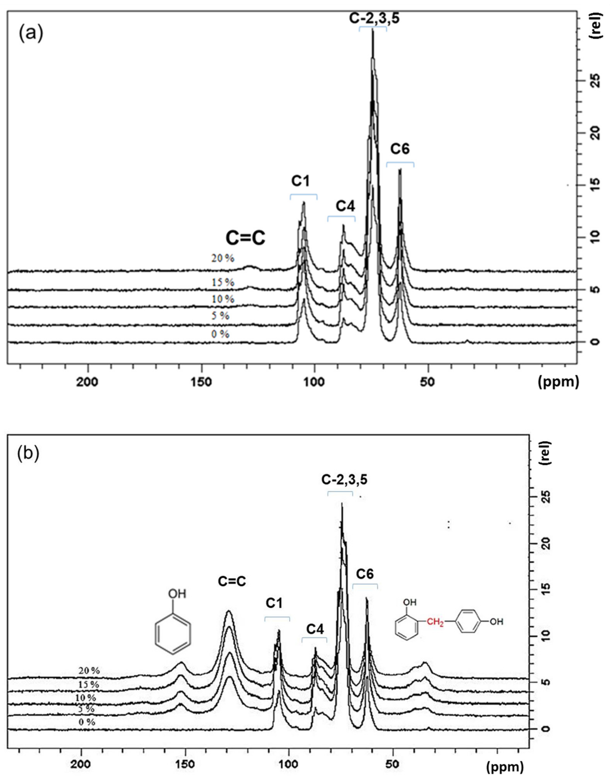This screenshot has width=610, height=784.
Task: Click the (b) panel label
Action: pos(28,453)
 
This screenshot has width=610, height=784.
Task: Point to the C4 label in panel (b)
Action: pos(315,629)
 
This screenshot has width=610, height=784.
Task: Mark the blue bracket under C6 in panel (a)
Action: pos(400,164)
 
